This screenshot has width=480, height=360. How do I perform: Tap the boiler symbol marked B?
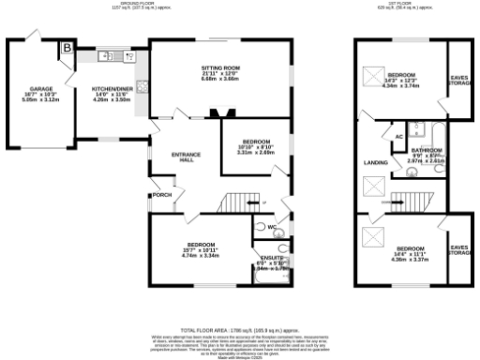click(67, 49)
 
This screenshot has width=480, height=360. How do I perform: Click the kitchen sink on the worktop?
click(106, 56)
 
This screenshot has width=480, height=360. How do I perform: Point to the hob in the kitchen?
click(142, 88)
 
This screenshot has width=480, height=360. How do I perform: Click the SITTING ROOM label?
click(221, 68)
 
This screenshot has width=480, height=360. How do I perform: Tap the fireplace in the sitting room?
click(222, 113)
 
